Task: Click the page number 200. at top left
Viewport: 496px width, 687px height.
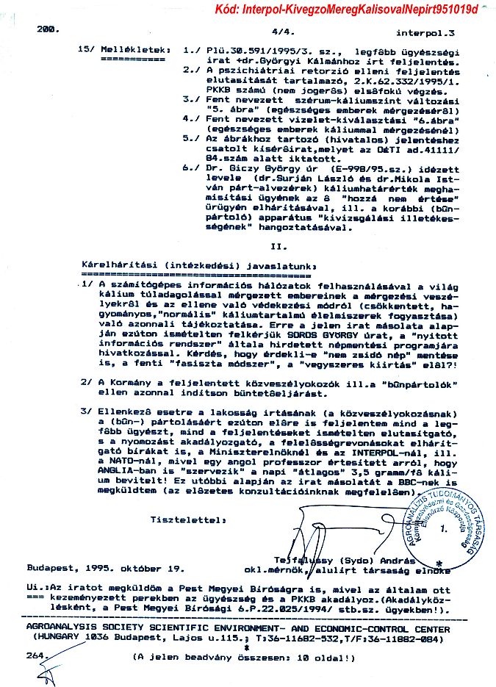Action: [47, 29]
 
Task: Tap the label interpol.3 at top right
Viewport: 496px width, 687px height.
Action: [425, 33]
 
